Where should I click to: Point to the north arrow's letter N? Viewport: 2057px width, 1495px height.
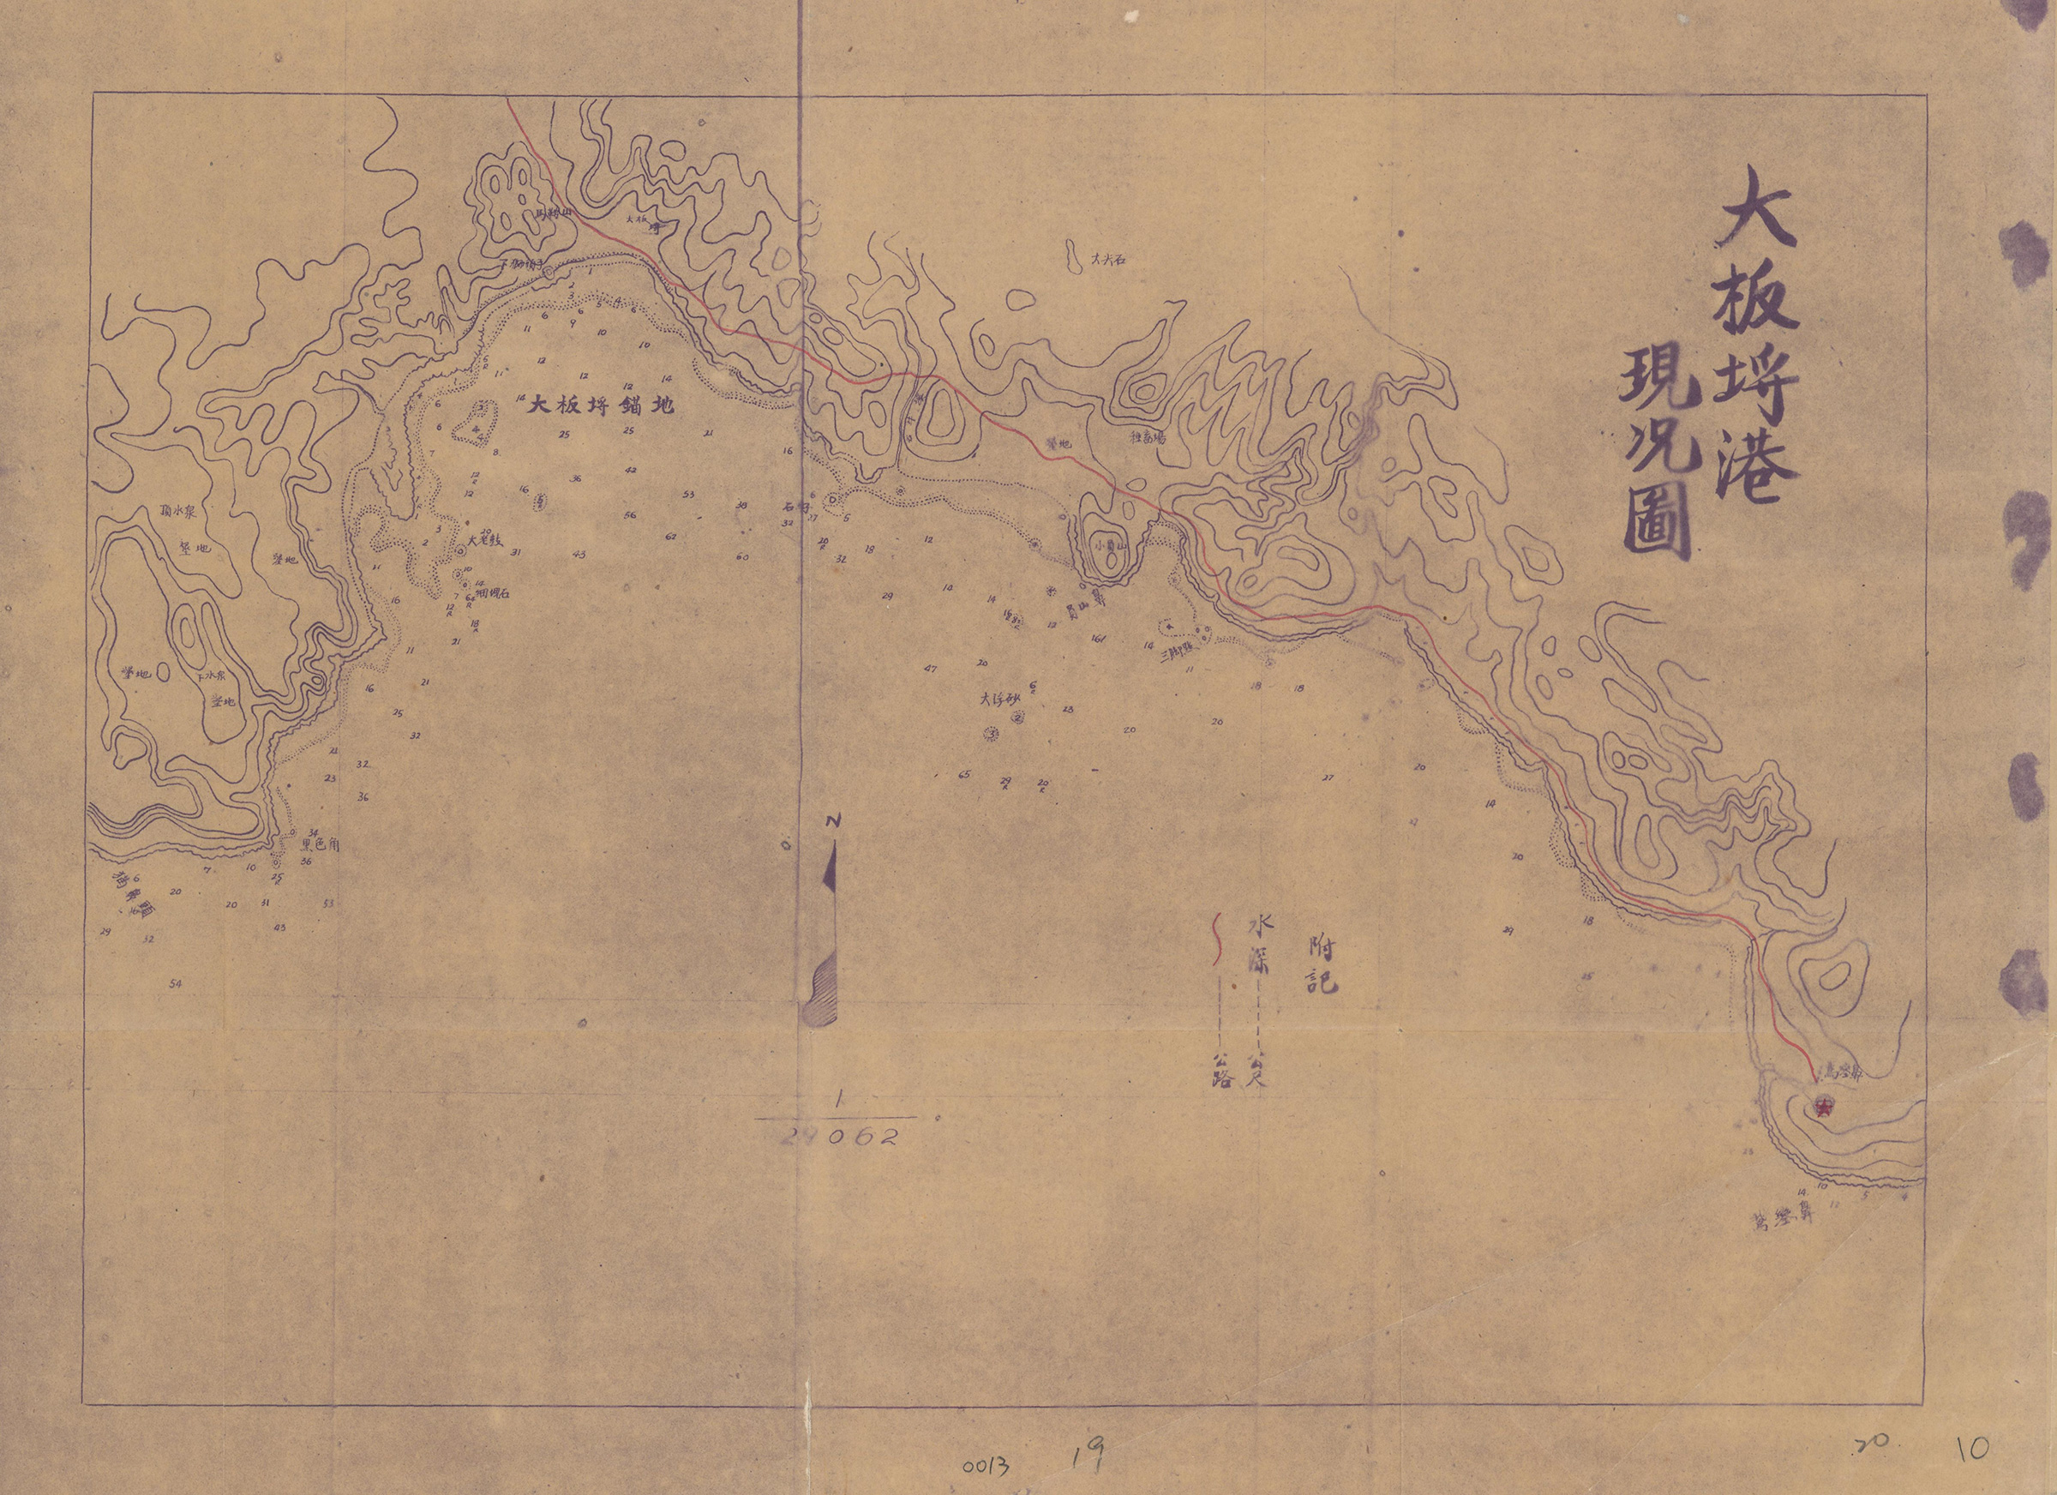(x=833, y=821)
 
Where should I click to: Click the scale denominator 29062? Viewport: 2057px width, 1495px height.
(x=840, y=1138)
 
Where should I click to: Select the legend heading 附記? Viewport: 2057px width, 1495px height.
(x=1322, y=965)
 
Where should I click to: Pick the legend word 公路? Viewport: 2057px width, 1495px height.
(x=1221, y=1070)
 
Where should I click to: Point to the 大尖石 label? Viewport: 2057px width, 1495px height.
(x=1108, y=259)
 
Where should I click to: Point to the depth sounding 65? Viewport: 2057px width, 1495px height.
(x=964, y=774)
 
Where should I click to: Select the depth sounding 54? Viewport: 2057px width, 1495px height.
(x=176, y=983)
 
